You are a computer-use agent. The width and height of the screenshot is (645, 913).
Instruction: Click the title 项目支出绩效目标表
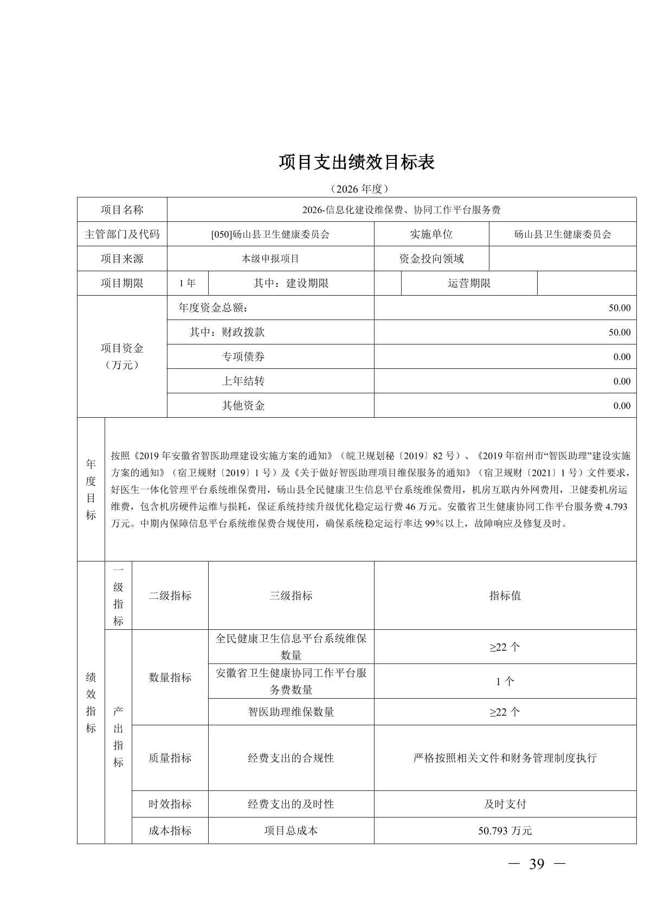click(357, 162)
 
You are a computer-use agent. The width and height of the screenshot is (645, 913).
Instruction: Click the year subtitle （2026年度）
click(357, 189)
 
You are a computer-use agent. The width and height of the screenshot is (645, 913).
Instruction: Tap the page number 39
click(536, 864)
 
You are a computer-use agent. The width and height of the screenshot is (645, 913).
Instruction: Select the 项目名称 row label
click(122, 210)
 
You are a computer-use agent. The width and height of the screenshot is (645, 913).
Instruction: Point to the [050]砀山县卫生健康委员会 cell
click(270, 234)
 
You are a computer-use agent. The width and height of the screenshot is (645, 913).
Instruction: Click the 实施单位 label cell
click(431, 234)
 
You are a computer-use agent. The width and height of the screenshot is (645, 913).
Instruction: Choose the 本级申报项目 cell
click(270, 259)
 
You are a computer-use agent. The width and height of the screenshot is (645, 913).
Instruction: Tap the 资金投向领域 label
click(431, 259)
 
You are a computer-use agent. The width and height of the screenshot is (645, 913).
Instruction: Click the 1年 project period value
click(187, 283)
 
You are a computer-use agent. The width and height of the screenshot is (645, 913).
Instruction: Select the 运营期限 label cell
click(469, 283)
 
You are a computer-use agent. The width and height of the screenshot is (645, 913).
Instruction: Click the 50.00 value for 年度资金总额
click(619, 308)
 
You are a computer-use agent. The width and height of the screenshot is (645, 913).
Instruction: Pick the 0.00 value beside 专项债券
click(622, 357)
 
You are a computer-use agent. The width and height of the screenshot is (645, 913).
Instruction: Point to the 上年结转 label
click(243, 381)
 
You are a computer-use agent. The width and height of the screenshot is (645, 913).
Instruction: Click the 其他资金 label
click(243, 406)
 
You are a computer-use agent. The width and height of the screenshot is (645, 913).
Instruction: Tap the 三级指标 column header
click(291, 596)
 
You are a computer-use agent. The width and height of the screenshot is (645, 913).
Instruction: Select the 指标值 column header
click(505, 596)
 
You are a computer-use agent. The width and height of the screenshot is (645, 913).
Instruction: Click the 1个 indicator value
click(505, 682)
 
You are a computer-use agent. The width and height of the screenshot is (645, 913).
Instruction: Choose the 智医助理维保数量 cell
click(291, 712)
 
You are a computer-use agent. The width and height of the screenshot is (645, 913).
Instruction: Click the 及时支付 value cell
click(505, 804)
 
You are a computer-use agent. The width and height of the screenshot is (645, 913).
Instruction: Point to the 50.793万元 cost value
click(505, 831)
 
